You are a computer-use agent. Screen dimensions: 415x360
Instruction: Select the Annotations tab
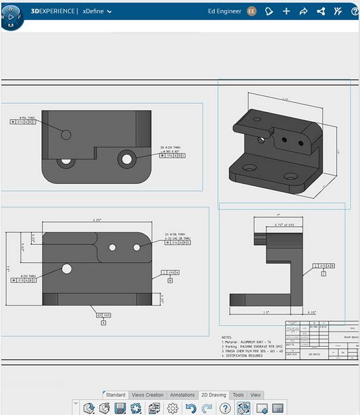click(183, 395)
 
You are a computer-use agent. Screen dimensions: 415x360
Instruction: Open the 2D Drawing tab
click(213, 395)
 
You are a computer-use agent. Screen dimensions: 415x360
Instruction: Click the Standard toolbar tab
click(115, 395)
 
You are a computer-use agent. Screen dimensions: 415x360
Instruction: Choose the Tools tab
click(238, 395)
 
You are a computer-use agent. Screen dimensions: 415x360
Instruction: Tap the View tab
click(255, 395)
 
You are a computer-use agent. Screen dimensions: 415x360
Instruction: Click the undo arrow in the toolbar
click(191, 408)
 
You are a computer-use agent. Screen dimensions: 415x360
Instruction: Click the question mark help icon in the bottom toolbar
click(225, 408)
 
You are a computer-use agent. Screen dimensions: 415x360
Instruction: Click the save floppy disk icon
click(120, 408)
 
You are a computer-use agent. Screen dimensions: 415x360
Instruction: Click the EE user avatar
click(251, 11)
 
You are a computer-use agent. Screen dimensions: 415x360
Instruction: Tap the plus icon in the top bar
click(287, 11)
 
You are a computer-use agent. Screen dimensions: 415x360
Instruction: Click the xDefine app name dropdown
click(97, 11)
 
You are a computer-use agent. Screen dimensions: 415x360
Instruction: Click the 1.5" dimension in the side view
click(265, 312)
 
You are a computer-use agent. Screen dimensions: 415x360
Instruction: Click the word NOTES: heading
click(227, 337)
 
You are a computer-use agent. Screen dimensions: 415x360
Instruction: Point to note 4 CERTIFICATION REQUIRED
click(247, 356)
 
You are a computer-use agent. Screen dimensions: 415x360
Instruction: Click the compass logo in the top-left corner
click(13, 15)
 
